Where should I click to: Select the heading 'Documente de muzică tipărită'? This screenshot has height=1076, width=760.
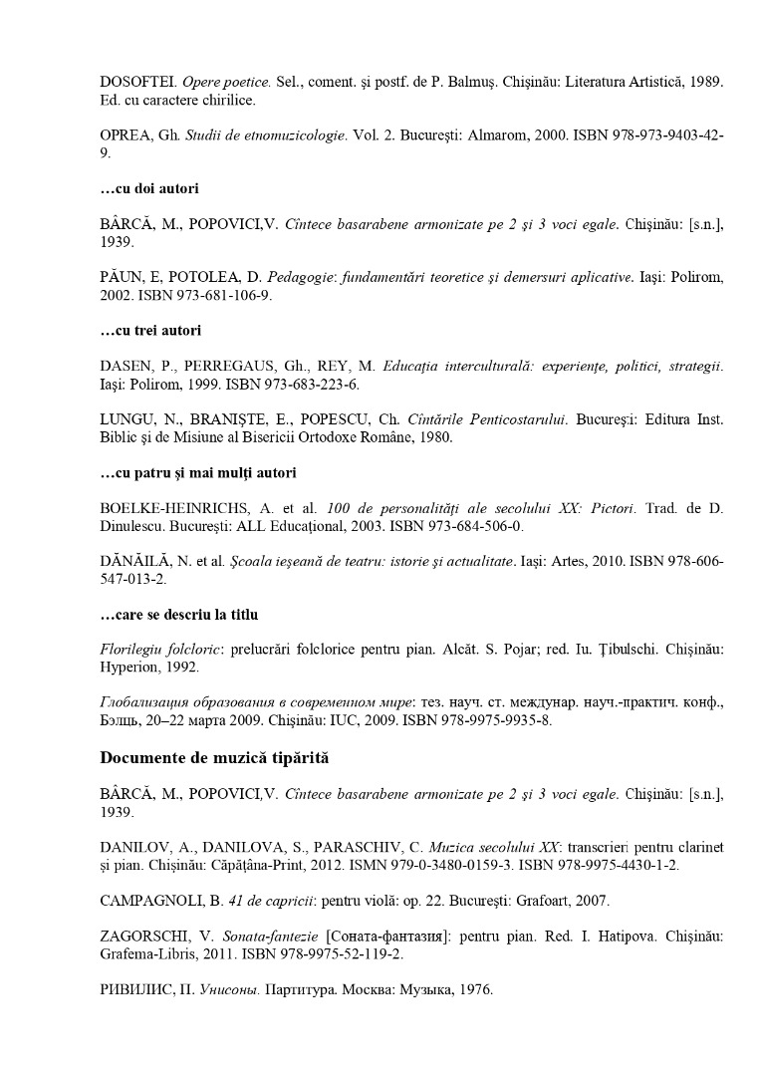point(215,758)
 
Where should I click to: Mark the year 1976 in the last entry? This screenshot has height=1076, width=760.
point(474,991)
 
